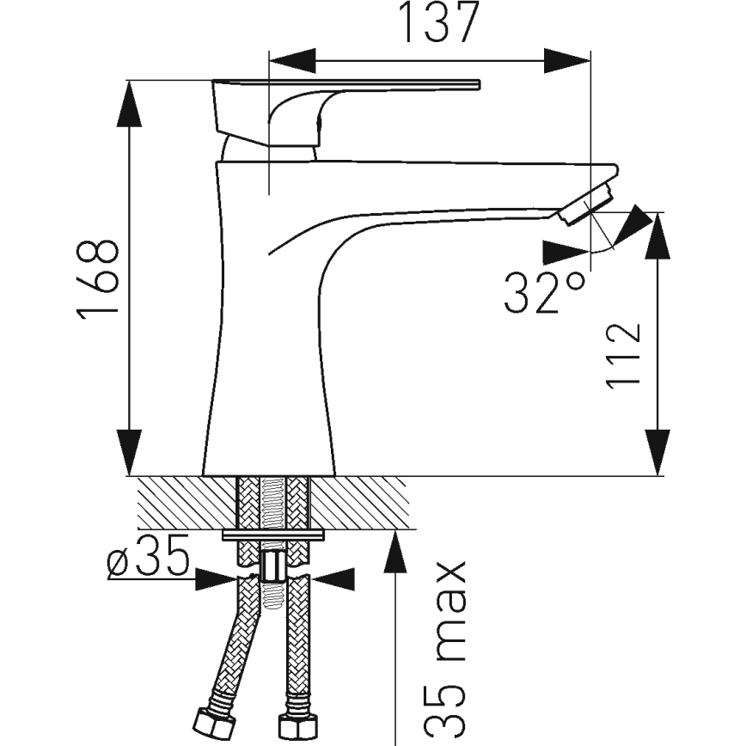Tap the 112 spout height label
[623, 356]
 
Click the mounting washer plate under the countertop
[272, 536]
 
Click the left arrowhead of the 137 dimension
[292, 60]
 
